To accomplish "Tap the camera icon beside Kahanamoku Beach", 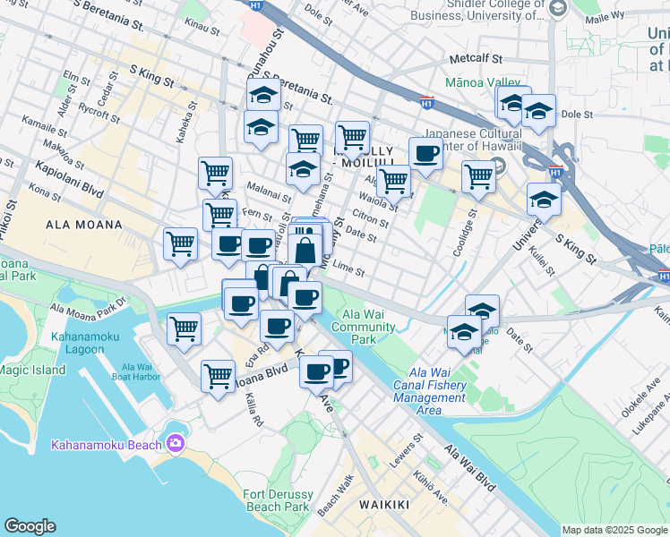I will pos(175,443).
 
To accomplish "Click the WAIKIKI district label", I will pos(383,505).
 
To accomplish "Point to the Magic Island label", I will pos(32,370).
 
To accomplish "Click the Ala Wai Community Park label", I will pos(365,333).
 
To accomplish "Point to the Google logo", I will pos(30,526).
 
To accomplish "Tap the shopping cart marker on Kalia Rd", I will pos(218,377).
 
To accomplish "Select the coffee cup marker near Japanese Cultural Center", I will pos(425,154).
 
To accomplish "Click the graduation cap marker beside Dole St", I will pos(538,113).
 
